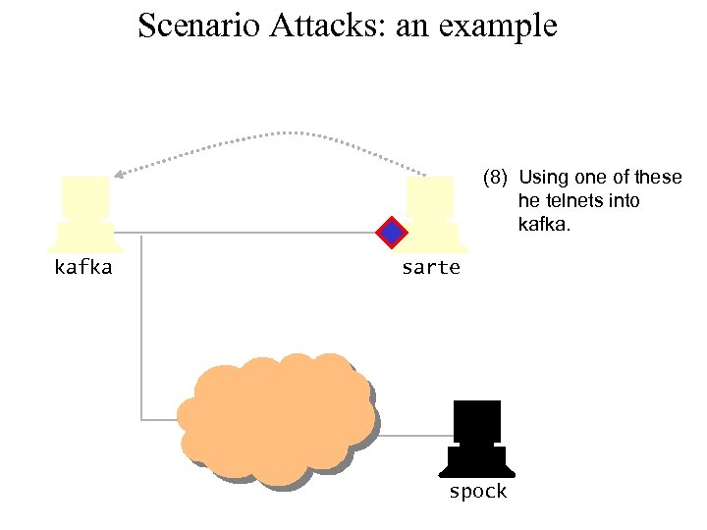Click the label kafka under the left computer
click(83, 267)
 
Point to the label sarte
click(430, 267)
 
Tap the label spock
click(477, 492)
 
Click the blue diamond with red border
click(392, 233)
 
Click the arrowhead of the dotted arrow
click(117, 175)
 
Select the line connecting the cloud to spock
click(413, 435)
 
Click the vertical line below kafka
click(141, 324)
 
